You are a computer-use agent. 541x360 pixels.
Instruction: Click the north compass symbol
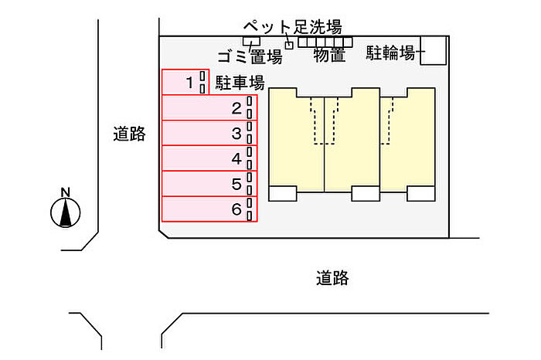pyautogui.click(x=66, y=212)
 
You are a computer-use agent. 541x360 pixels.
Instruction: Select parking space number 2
pyautogui.click(x=209, y=108)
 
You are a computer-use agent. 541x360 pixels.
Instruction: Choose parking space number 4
pyautogui.click(x=209, y=159)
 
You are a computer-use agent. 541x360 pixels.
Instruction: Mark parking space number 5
pyautogui.click(x=209, y=184)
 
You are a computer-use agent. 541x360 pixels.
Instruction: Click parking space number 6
pyautogui.click(x=209, y=209)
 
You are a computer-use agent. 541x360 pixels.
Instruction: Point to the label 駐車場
pyautogui.click(x=240, y=83)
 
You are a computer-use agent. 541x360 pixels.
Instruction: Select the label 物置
pyautogui.click(x=329, y=55)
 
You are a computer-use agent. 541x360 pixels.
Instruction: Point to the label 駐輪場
pyautogui.click(x=393, y=53)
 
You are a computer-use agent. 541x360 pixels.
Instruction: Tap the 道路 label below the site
pyautogui.click(x=332, y=278)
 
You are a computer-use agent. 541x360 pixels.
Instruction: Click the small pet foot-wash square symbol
pyautogui.click(x=290, y=45)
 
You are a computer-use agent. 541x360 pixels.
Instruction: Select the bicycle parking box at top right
pyautogui.click(x=434, y=50)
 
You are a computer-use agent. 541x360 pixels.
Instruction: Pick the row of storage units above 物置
pyautogui.click(x=325, y=42)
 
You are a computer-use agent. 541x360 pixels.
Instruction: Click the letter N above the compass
pyautogui.click(x=66, y=192)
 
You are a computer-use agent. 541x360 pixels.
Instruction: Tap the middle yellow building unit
pyautogui.click(x=352, y=143)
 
